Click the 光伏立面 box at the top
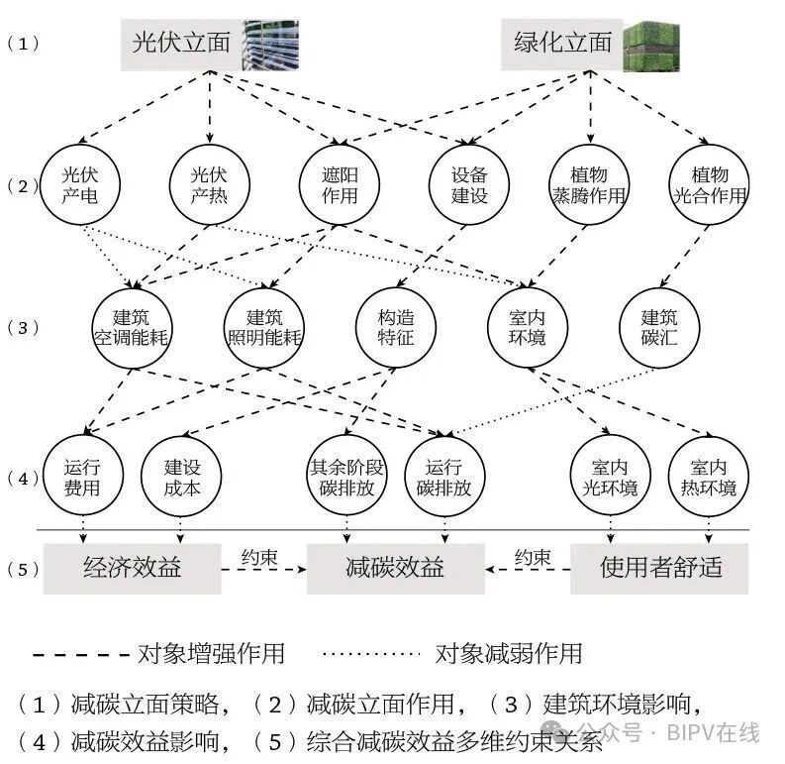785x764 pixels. coord(181,44)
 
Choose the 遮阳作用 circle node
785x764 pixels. coord(340,184)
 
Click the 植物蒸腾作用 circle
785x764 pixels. coord(589,184)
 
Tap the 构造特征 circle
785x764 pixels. coord(395,327)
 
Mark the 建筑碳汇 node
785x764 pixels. coord(658,327)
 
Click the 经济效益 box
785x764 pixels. coord(132,568)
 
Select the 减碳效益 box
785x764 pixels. coord(395,568)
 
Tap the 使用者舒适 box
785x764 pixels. coord(660,568)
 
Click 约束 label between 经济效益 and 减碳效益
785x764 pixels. coord(259,557)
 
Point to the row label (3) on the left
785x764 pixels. coord(23,328)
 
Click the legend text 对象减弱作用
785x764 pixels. coord(509,654)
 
